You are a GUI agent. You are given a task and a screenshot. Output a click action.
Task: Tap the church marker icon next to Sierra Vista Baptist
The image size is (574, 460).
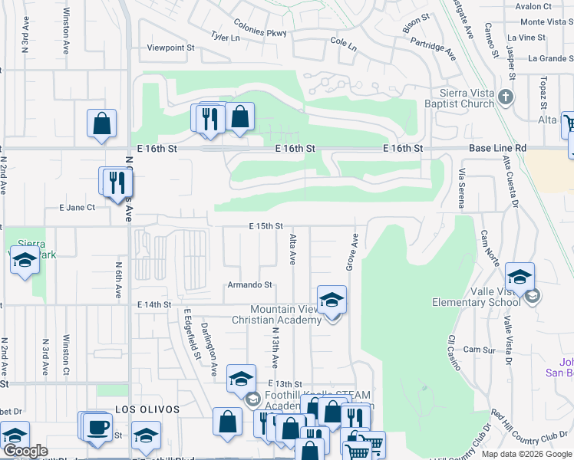click(x=505, y=97)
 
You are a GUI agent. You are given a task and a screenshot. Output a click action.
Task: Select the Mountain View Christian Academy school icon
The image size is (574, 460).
click(x=332, y=300)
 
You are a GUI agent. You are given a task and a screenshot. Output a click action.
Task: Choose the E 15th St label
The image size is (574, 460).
click(x=266, y=226)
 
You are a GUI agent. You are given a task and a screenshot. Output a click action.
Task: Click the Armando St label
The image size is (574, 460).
click(x=249, y=284)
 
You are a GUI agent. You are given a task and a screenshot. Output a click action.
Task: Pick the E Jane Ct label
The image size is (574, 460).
click(x=77, y=207)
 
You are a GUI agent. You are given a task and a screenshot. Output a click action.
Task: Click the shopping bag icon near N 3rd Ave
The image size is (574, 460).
click(x=101, y=123)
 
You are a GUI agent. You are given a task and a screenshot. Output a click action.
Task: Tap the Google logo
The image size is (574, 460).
click(x=25, y=450)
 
